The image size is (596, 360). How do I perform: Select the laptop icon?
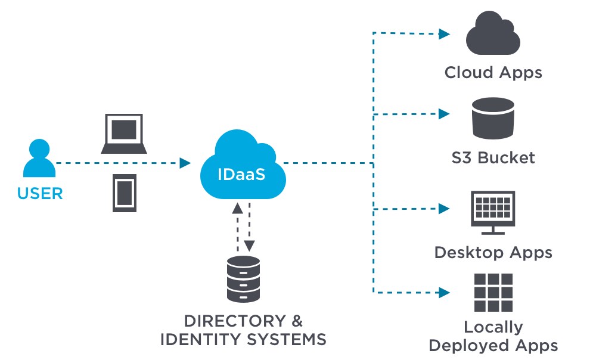pos(124,135)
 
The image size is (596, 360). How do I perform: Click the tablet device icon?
pos(124,193)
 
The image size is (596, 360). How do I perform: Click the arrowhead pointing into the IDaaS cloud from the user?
pos(185,163)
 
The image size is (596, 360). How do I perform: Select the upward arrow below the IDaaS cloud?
pos(237,209)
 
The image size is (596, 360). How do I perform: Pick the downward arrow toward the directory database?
pos(250,244)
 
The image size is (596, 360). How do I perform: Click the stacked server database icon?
pos(244,278)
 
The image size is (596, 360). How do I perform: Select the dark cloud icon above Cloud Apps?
pos(493,35)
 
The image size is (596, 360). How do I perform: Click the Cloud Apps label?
pos(493,73)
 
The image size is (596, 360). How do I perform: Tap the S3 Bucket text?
pos(493,158)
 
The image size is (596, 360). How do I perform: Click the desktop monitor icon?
pos(492,209)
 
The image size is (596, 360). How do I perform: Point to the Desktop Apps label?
pos(493,252)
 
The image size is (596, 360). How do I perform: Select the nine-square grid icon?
pos(493,293)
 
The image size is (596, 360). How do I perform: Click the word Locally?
pos(493,327)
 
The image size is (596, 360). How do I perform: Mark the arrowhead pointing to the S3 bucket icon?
pos(444,113)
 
